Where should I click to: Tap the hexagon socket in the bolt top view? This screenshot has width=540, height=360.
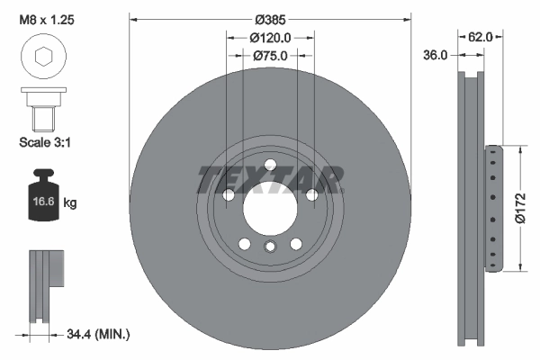coord(41,58)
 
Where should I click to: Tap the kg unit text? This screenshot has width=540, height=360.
coord(70,203)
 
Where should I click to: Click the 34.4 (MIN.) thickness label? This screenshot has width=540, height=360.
coord(99,334)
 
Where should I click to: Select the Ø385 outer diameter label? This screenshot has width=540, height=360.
coord(270,19)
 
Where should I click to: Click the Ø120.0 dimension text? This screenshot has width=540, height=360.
coord(270,38)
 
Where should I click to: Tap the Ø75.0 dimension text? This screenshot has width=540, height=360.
coord(270,56)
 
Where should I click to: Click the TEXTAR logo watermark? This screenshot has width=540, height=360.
coord(270,179)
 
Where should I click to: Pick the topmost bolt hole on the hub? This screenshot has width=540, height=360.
coord(270,163)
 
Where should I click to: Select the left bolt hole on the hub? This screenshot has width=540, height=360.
coord(229,194)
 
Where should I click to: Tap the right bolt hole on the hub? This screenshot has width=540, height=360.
coord(311,194)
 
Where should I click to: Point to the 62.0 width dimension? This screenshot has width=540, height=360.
coord(480,38)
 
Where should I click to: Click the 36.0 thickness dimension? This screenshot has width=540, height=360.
coord(436,56)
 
